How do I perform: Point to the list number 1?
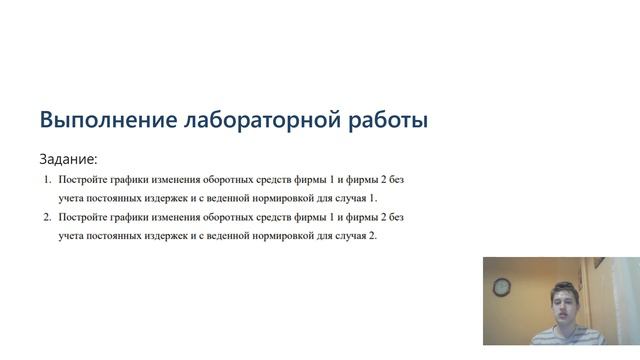tap(47, 180)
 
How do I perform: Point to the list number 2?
tap(47, 217)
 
